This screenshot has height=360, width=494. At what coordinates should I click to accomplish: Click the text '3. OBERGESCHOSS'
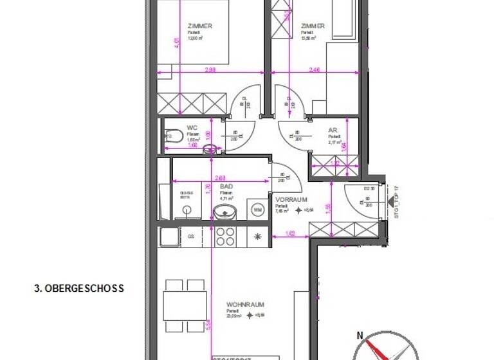[x=78, y=289]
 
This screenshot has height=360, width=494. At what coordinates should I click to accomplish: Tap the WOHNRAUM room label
[x=245, y=305]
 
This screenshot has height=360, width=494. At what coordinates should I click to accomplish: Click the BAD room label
[x=226, y=186]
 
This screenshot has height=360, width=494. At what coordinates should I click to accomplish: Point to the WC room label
[x=192, y=127]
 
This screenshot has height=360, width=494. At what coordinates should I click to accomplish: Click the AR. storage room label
[x=333, y=129]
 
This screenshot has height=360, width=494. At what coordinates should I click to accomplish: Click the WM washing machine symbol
[x=258, y=210]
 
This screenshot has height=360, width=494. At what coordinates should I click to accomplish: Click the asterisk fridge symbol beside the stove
[x=258, y=237]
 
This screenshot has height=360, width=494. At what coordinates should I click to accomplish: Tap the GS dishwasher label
[x=191, y=237]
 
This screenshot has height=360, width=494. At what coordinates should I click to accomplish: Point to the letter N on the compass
[x=361, y=334]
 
